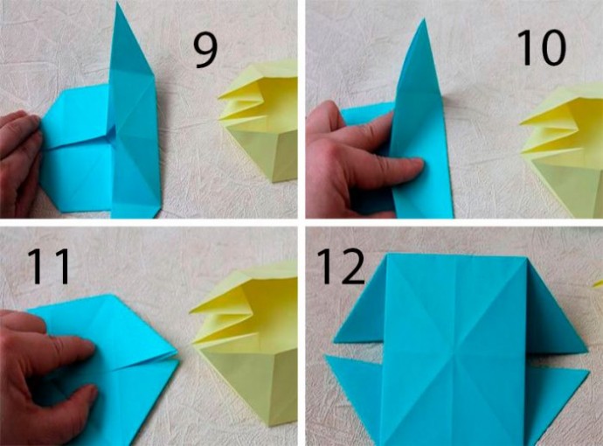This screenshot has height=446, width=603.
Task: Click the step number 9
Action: [205, 51]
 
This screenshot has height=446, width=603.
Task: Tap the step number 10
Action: [542, 48]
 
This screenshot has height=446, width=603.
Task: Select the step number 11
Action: [48, 267]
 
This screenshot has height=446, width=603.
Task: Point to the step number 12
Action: [340, 267]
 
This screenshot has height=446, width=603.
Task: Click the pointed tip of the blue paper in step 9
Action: [118, 3]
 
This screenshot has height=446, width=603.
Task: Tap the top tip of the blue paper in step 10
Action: [424, 19]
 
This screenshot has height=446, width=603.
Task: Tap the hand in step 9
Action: [19, 162]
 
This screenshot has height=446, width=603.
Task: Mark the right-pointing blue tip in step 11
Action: [177, 353]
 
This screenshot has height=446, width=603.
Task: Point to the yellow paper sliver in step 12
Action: [598, 284]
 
